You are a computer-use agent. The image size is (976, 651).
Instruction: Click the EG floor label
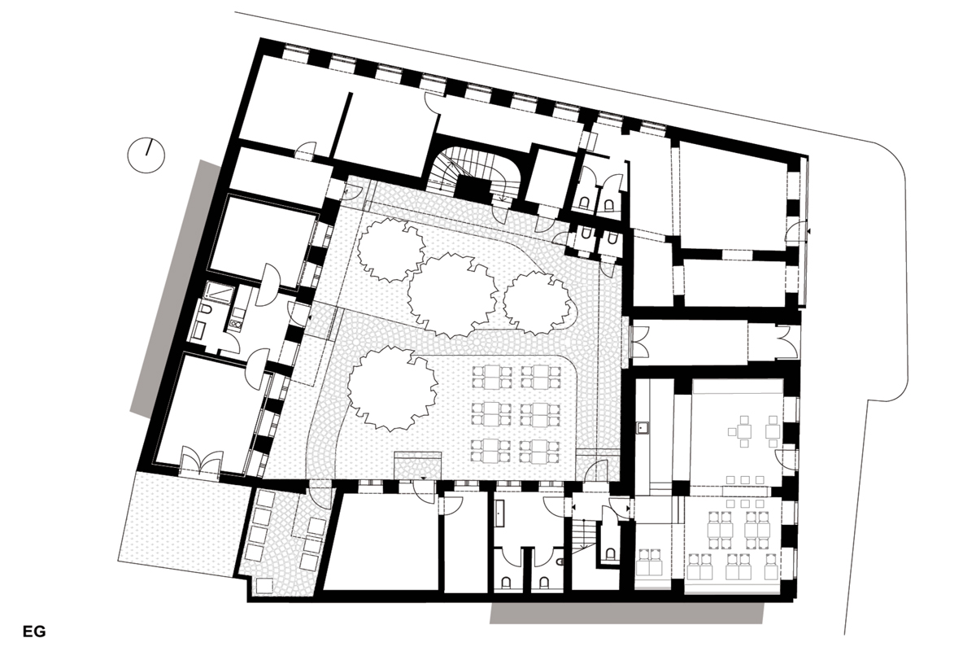pos(34,631)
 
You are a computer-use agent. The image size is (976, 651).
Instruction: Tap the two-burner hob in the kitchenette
pos(235,324)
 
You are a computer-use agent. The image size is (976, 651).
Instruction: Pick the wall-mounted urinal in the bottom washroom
pos(560,562)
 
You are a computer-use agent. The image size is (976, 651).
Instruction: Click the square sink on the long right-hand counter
pos(643,428)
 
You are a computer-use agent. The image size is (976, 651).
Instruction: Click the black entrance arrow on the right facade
pos(808,231)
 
